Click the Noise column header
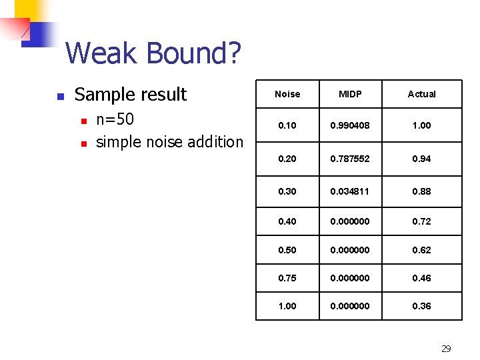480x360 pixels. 287,94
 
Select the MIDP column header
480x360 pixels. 350,94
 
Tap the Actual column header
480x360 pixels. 421,94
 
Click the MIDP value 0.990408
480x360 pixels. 350,125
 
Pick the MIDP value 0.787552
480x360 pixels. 350,159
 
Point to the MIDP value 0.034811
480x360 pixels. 350,191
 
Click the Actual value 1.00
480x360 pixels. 421,125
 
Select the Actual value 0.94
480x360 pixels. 421,159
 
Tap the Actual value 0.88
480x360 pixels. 421,191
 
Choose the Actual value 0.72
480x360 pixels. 421,221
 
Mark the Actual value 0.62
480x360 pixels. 421,250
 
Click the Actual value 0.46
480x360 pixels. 421,279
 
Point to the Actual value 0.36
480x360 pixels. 421,306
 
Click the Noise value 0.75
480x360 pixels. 287,279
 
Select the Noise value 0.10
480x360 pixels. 287,125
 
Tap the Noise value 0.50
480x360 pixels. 287,250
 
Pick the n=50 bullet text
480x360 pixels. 115,120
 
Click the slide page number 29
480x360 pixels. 446,349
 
